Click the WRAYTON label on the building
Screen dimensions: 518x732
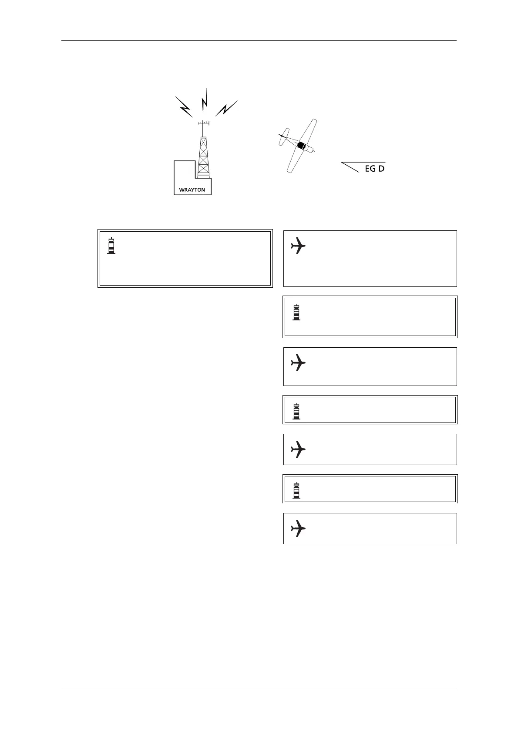pyautogui.click(x=192, y=190)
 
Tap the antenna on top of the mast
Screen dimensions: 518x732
pyautogui.click(x=203, y=123)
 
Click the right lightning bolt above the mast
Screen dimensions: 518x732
pyautogui.click(x=226, y=108)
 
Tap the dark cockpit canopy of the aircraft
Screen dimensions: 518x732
pyautogui.click(x=301, y=146)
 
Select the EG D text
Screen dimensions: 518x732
pyautogui.click(x=374, y=169)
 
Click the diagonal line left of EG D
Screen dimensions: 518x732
pyautogui.click(x=350, y=167)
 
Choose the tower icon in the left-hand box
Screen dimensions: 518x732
pyautogui.click(x=111, y=246)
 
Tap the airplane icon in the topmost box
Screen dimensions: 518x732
pyautogui.click(x=298, y=246)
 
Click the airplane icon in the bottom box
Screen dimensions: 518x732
pyautogui.click(x=298, y=529)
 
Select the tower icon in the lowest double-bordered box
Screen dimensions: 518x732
pyautogui.click(x=296, y=490)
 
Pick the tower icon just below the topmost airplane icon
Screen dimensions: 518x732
pyautogui.click(x=296, y=312)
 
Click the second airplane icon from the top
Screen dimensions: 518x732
pyautogui.click(x=298, y=363)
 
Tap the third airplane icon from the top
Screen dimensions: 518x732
pyautogui.click(x=298, y=449)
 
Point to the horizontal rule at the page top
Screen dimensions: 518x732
pyautogui.click(x=259, y=41)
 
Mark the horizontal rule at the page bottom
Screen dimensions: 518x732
pyautogui.click(x=259, y=690)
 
